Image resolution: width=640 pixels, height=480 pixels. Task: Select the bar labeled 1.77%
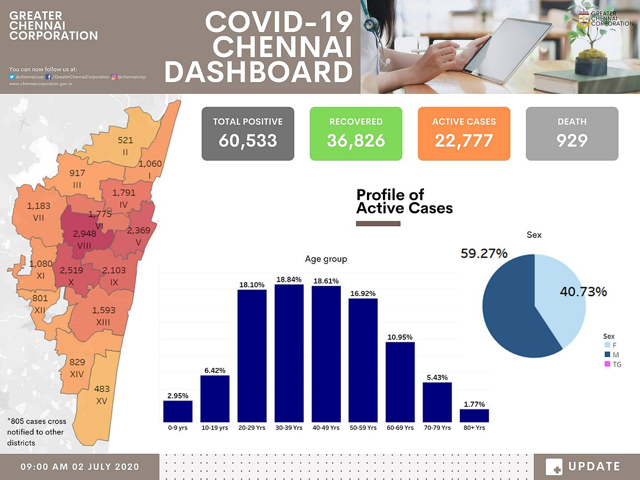point(474,415)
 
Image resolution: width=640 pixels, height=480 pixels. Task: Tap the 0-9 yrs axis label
point(178,428)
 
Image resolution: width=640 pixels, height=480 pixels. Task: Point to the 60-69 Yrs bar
point(400,382)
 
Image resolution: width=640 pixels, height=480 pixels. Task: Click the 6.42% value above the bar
point(214,370)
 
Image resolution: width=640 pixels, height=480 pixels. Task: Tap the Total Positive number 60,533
point(248,140)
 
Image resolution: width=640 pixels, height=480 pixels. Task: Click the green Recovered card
point(356,133)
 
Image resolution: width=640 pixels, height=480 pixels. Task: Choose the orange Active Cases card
point(464,133)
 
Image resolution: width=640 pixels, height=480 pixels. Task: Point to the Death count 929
point(572,140)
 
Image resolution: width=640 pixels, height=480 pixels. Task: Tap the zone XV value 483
point(101,390)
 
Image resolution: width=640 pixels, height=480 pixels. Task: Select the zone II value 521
point(125,140)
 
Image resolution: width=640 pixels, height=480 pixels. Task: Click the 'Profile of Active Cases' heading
point(404,201)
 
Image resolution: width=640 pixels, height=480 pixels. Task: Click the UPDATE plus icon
point(554,467)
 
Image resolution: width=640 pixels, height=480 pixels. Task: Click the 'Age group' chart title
point(326,259)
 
